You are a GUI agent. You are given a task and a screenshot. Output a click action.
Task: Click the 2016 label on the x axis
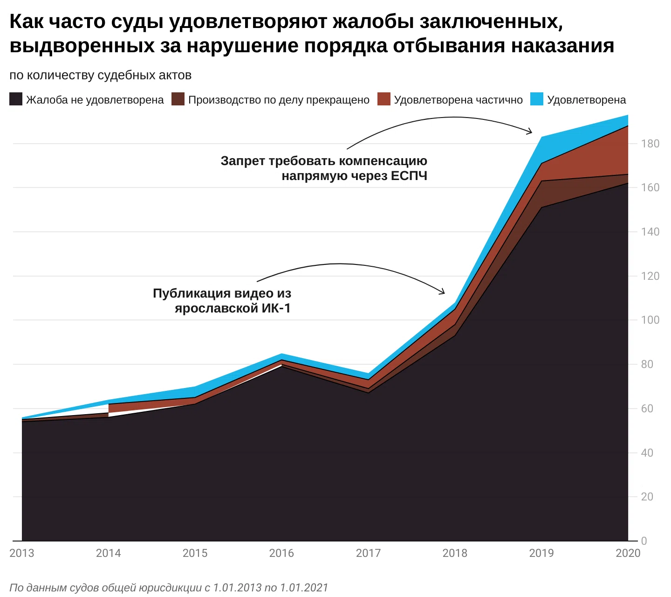tap(281, 553)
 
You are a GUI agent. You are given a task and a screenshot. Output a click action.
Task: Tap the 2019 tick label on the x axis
tap(541, 553)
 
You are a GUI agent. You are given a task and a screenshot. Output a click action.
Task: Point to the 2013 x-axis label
tap(22, 553)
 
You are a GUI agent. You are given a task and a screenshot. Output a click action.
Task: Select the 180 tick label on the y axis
tap(650, 144)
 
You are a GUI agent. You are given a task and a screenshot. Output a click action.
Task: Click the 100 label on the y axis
tap(650, 320)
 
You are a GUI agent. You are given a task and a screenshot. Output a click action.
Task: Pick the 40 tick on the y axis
tap(647, 453)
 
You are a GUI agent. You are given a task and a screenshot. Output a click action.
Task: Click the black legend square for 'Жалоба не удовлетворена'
tap(16, 99)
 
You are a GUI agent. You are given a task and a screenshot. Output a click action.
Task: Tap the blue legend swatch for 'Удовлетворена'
tap(537, 99)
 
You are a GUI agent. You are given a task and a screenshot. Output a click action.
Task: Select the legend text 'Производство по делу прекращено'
tap(279, 100)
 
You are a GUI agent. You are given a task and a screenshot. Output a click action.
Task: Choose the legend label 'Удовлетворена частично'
tap(458, 100)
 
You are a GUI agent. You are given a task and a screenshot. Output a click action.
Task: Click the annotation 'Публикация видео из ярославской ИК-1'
tap(222, 301)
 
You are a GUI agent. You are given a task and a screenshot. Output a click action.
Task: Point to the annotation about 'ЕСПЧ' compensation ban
tap(324, 168)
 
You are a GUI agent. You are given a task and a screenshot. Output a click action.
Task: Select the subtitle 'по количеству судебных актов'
tap(101, 76)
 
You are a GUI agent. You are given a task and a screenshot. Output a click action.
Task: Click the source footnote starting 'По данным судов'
tap(169, 588)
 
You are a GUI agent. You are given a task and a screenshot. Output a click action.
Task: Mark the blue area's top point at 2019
tap(541, 137)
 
